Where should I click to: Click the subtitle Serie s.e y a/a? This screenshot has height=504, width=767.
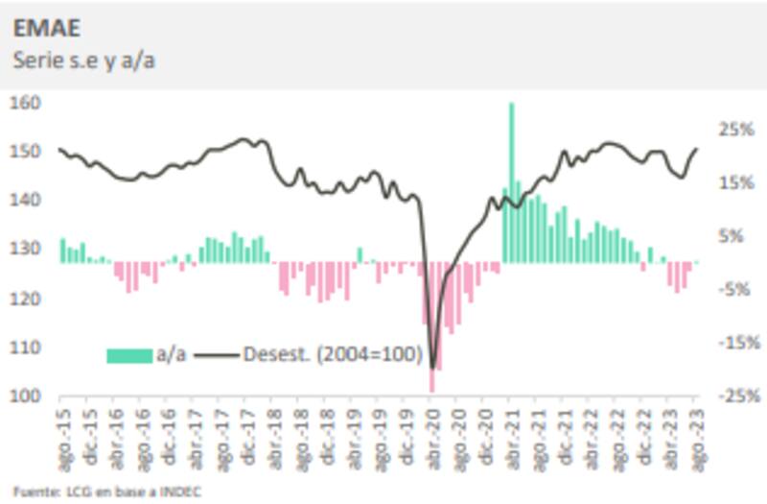tap(84, 60)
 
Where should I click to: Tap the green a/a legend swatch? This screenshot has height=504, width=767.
tap(129, 355)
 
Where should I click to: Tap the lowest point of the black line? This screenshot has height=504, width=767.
tap(433, 368)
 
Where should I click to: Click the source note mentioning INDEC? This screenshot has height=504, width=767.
tap(107, 490)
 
